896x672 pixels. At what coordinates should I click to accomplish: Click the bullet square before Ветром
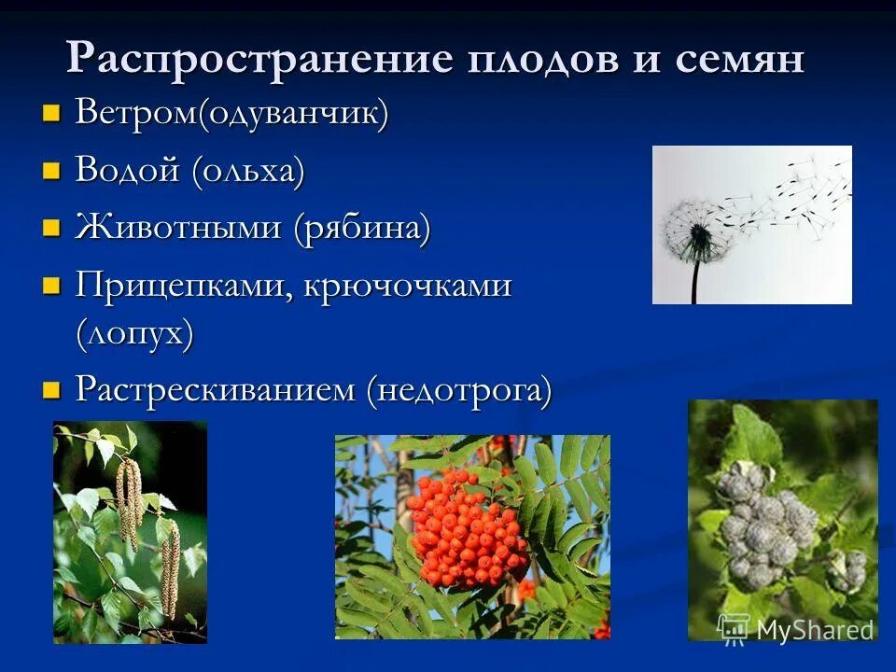[x=52, y=115]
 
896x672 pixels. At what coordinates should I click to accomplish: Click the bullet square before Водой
[x=52, y=172]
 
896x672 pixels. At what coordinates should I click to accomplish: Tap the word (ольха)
[x=248, y=172]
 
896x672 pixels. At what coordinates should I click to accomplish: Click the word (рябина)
[x=362, y=228]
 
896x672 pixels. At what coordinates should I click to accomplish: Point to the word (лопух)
[x=134, y=333]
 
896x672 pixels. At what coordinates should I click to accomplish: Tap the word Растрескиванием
[x=216, y=388]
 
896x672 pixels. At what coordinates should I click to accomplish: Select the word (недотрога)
[x=459, y=389]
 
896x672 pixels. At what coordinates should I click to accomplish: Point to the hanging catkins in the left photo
[x=131, y=504]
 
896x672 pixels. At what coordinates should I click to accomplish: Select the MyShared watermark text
[x=815, y=630]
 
